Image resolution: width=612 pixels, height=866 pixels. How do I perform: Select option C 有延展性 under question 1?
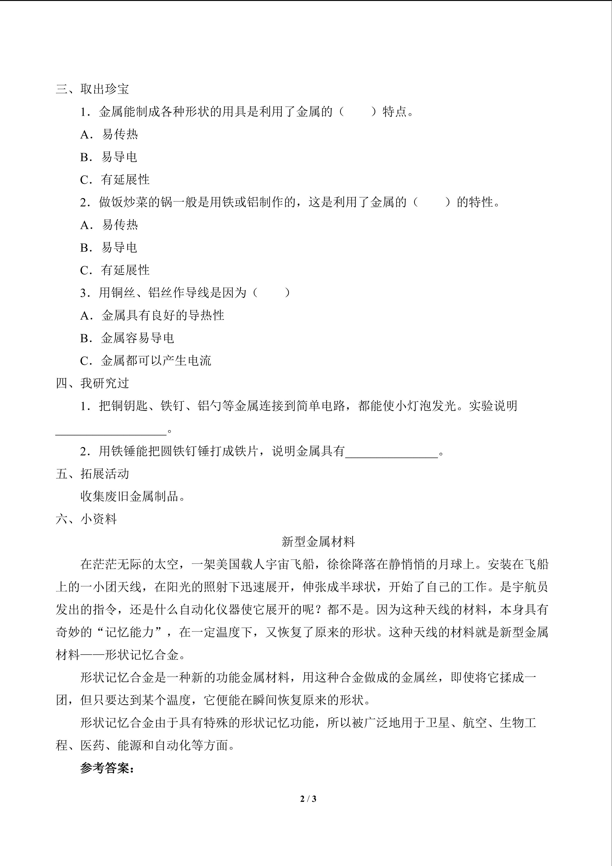pyautogui.click(x=115, y=180)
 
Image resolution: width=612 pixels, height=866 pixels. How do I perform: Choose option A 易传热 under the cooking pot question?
pyautogui.click(x=109, y=225)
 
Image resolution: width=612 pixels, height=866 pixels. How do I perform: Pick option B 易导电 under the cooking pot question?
pyautogui.click(x=108, y=247)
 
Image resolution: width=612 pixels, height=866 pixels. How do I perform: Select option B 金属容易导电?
pyautogui.click(x=127, y=338)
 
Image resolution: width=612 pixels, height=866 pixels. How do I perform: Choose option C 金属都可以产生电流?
pyautogui.click(x=145, y=361)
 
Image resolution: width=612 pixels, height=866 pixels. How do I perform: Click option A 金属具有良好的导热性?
pyautogui.click(x=152, y=315)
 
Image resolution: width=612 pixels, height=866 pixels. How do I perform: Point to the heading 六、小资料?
pyautogui.click(x=86, y=519)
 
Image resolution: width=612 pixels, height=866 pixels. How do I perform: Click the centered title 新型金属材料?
pyautogui.click(x=318, y=542)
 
